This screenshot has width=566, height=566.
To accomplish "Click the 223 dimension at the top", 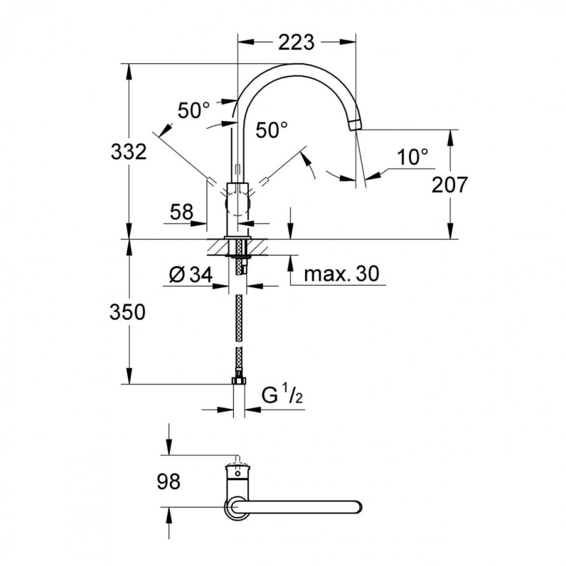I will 296,42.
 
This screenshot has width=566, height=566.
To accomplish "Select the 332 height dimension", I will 128,152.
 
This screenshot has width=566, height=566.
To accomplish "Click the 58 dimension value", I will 181,212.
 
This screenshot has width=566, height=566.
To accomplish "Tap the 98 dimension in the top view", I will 169,482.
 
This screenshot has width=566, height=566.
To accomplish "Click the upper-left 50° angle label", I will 193,110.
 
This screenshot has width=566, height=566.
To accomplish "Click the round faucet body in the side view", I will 237,205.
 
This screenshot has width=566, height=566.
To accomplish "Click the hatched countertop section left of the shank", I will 218,247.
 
